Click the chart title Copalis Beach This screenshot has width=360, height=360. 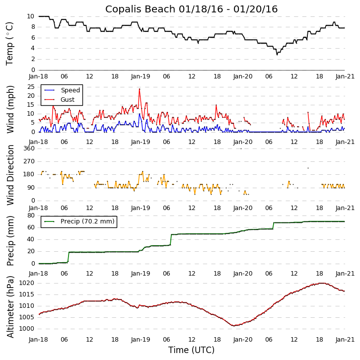click(x=191, y=9)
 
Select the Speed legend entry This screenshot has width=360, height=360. click(x=70, y=90)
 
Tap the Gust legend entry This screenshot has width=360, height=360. click(x=68, y=100)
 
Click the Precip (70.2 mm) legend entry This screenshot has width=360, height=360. click(x=87, y=221)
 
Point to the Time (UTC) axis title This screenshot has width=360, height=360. click(x=191, y=350)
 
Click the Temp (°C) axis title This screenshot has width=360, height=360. click(x=10, y=43)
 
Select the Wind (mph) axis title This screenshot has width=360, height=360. click(x=10, y=109)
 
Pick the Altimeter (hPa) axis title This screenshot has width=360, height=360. click(x=10, y=306)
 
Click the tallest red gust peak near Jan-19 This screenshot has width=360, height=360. click(x=140, y=89)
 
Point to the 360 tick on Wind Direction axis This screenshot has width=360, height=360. click(x=28, y=148)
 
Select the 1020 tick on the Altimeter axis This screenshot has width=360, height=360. click(x=27, y=283)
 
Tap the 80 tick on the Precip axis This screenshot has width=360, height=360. click(x=30, y=216)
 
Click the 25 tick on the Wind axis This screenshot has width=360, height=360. click(x=30, y=86)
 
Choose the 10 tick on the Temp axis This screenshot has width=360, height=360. click(x=30, y=16)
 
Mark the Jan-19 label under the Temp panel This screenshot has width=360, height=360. click(x=141, y=76)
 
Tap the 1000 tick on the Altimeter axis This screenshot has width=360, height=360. click(x=27, y=329)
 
